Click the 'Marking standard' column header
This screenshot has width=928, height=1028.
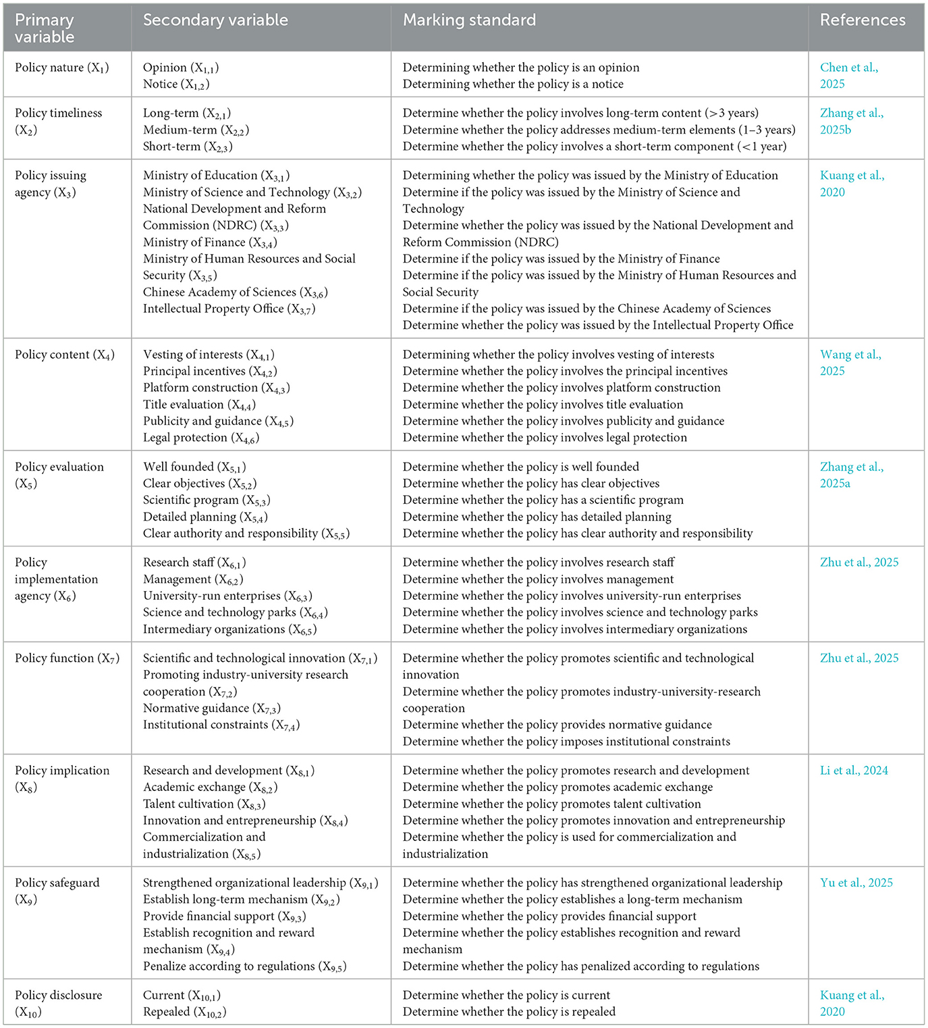coord(469,20)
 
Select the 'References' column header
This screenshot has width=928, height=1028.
coord(863,20)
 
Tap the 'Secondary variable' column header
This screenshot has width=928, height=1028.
coord(215,20)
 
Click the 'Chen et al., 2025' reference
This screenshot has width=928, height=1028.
coord(848,76)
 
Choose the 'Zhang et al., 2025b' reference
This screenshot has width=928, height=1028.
coord(851,122)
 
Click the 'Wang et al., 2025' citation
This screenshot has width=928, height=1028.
coord(850,363)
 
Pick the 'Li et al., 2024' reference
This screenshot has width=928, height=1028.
coord(854,771)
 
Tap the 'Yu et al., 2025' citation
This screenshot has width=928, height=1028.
coord(856,883)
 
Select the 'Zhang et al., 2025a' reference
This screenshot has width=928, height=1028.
coord(851,475)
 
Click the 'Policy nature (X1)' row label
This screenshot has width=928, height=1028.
coord(61,68)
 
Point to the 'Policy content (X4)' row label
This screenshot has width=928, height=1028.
coord(64,355)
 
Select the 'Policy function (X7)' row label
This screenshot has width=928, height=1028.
coord(67,659)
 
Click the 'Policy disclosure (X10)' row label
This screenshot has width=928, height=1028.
coord(58,1003)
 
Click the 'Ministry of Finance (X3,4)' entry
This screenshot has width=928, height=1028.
coord(210,242)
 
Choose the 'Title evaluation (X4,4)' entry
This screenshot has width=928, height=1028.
coord(199,405)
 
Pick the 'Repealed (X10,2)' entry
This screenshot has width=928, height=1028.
coord(184,1012)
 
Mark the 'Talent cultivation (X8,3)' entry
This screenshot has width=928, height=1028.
coord(204,804)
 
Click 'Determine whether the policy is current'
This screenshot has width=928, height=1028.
coord(506,996)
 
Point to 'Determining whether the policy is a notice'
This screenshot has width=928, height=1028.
coord(513,84)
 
